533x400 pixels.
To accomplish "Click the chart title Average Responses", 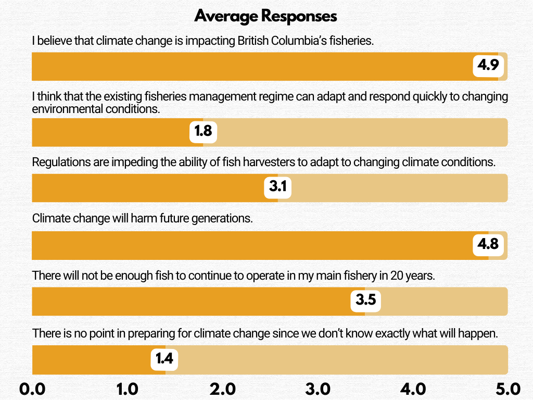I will click(265, 16).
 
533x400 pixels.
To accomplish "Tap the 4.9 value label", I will click(488, 66).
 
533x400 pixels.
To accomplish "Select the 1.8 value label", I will click(203, 131).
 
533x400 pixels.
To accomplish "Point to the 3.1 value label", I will click(278, 186).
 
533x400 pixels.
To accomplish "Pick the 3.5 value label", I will click(365, 301).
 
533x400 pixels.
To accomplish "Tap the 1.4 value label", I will click(165, 359).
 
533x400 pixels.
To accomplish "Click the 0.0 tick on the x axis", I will click(32, 389).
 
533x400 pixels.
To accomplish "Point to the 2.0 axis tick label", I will click(222, 389).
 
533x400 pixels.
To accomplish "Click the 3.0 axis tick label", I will click(318, 389).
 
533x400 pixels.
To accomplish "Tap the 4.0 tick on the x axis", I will click(413, 389).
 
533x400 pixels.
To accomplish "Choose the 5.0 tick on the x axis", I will click(507, 389).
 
